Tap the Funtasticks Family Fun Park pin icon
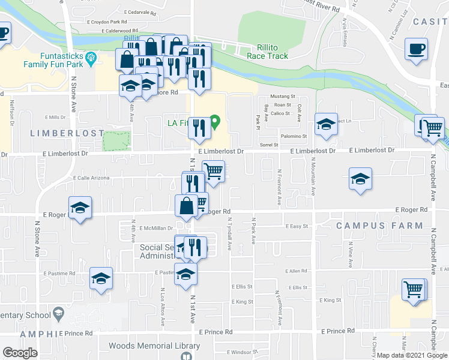[91, 58]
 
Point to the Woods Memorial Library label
[154, 346]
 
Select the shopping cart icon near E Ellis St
[414, 289]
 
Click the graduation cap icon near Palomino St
[326, 124]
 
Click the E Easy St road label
[297, 227]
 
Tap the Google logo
[19, 353]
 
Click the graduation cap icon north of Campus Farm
[360, 178]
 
